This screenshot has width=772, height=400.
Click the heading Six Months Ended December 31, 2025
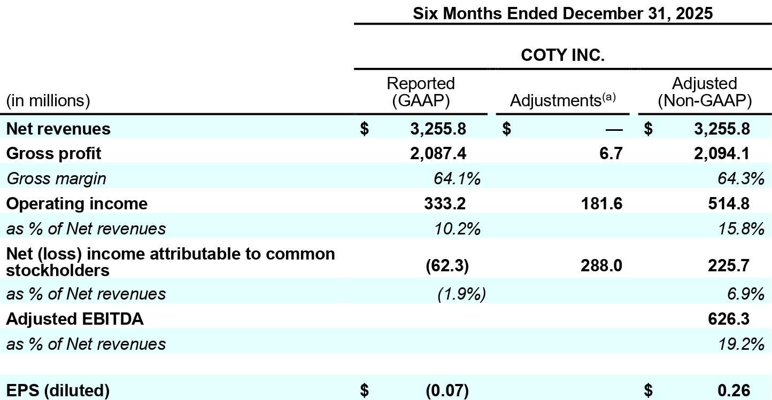pyautogui.click(x=562, y=13)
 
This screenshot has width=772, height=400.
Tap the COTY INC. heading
pyautogui.click(x=562, y=56)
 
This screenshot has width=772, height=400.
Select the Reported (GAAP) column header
pyautogui.click(x=420, y=91)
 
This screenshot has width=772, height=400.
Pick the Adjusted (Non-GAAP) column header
pyautogui.click(x=704, y=91)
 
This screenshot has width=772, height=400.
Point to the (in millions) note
pyautogui.click(x=48, y=100)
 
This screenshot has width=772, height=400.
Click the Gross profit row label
pyautogui.click(x=53, y=154)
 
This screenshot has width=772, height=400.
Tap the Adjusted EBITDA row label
pyautogui.click(x=75, y=319)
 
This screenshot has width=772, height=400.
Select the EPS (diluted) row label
pyautogui.click(x=58, y=390)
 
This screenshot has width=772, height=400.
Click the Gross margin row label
pyautogui.click(x=56, y=178)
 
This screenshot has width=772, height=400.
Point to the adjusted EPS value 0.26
pyautogui.click(x=733, y=390)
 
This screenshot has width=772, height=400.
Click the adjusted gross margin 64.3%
pyautogui.click(x=740, y=178)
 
